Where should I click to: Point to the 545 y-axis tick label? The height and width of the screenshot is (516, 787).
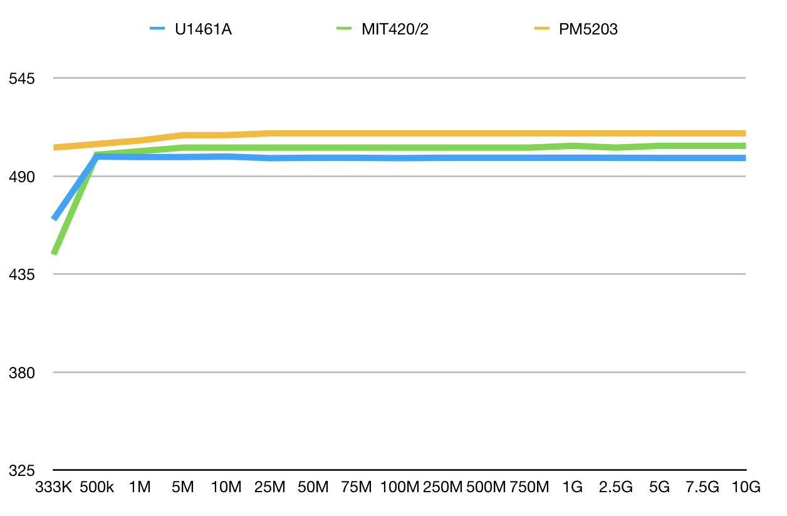click(x=21, y=79)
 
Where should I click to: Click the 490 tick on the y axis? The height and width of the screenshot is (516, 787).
click(x=21, y=177)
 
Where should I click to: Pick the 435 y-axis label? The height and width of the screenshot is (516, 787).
click(x=21, y=274)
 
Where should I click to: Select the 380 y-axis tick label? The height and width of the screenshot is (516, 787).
click(x=21, y=373)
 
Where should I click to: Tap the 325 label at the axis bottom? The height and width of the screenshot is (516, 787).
click(x=21, y=470)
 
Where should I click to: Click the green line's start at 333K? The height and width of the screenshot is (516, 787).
click(x=55, y=253)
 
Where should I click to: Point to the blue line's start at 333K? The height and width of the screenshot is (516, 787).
click(x=55, y=218)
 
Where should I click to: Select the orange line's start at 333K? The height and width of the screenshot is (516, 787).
click(x=55, y=148)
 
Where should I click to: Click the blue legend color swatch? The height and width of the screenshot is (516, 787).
click(x=157, y=29)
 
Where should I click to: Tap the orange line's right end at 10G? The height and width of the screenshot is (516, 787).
click(x=744, y=133)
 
